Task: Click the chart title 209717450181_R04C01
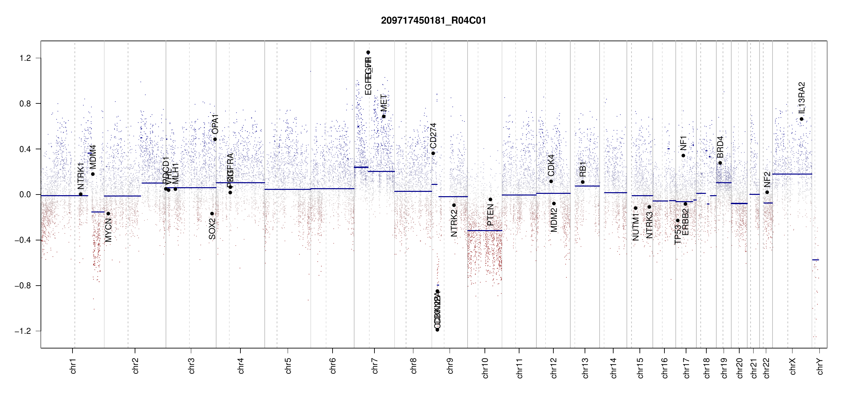coord(433,21)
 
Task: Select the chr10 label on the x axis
coord(485,368)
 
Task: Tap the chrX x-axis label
coord(792,366)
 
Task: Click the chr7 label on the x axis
coord(375,366)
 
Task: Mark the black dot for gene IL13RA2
coord(801,119)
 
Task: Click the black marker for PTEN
coord(490,199)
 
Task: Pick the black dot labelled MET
coord(384,116)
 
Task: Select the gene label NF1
coord(683,143)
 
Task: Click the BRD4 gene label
coord(720,147)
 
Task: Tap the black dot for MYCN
coord(108,214)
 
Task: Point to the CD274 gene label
coord(433,136)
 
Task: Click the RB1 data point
coord(583,182)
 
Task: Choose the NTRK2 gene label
coord(454,223)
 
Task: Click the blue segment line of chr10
coord(485,230)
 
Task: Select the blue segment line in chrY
coord(815,260)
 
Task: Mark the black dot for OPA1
coord(215,139)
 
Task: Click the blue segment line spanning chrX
coord(792,174)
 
